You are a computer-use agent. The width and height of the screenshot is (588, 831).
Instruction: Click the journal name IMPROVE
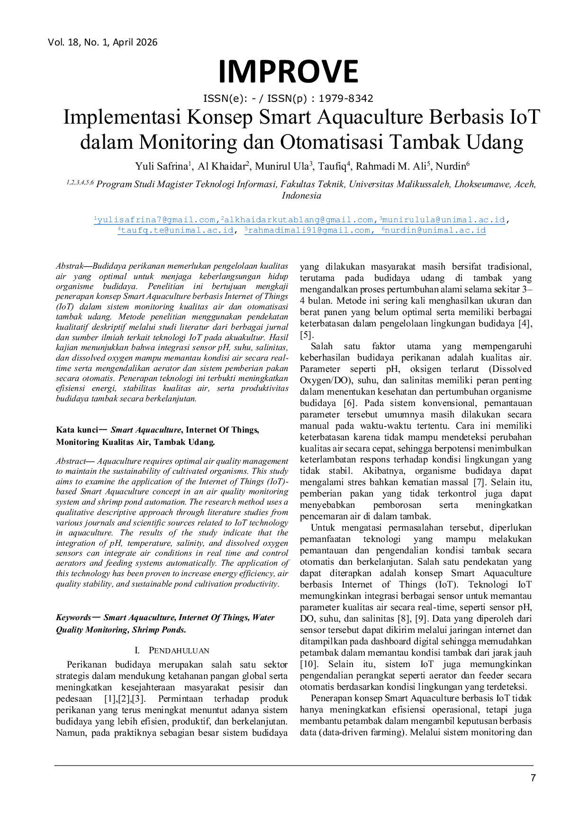(x=288, y=72)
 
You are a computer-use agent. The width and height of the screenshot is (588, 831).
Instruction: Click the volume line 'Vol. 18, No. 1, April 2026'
(x=103, y=42)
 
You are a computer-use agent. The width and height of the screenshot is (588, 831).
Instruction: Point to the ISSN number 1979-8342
(x=346, y=99)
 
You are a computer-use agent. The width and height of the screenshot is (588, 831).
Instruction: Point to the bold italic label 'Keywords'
(x=73, y=617)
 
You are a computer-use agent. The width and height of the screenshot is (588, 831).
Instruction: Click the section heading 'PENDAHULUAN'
(x=179, y=650)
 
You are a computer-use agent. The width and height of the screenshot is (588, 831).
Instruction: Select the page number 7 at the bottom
(x=533, y=778)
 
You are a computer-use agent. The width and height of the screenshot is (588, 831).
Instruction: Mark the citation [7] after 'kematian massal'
(x=479, y=482)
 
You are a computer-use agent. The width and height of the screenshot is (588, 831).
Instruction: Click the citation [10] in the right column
(x=309, y=664)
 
